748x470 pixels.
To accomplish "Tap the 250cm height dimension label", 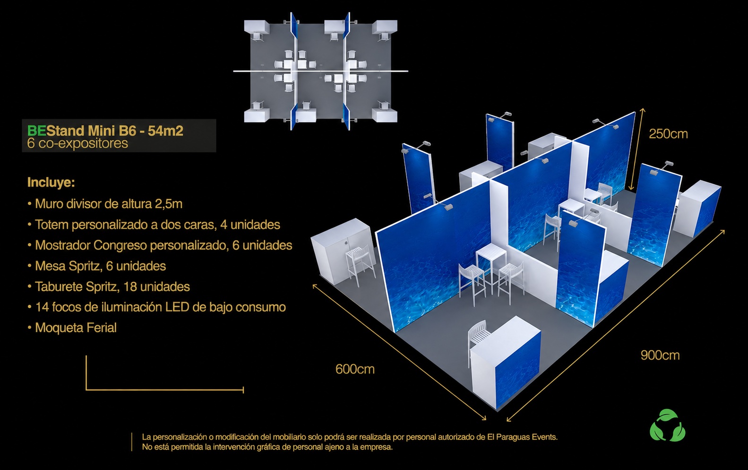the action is (668, 134).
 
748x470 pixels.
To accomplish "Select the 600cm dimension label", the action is (355, 369).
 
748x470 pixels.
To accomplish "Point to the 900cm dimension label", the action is (660, 355).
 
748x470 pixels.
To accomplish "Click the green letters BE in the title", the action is (36, 131).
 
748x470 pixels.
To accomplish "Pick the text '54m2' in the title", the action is (166, 131).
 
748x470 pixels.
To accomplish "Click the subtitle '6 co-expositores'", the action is (77, 143).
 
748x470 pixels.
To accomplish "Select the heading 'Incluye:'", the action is (51, 183).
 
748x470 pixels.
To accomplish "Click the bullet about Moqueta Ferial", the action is (72, 328).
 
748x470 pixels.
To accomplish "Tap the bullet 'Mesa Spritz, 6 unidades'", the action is (96, 266).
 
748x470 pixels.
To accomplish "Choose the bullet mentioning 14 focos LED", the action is (156, 307).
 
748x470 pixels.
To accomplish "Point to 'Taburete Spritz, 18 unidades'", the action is (109, 287).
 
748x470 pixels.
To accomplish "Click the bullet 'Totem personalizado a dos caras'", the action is (154, 225).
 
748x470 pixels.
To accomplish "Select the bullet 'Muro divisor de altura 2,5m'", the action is (105, 204).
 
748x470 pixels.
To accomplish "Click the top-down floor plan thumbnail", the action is (320, 71).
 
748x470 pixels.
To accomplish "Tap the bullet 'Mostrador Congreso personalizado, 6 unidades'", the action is (160, 245).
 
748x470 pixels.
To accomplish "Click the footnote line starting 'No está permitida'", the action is (267, 447).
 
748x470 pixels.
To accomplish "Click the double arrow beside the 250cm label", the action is (637, 149).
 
